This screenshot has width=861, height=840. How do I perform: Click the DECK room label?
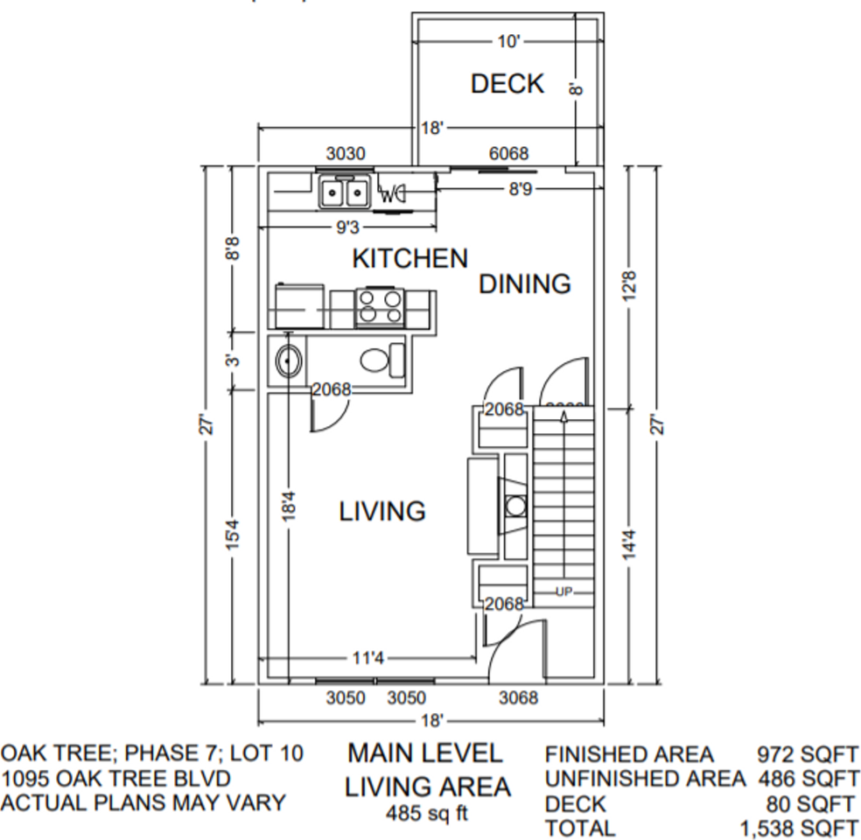tap(507, 84)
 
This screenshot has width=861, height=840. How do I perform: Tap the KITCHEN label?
tap(409, 258)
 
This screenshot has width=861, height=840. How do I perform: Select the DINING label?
tap(524, 284)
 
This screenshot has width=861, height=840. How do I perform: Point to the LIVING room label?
tap(382, 511)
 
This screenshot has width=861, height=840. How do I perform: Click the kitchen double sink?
tap(344, 192)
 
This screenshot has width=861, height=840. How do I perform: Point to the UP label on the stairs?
tap(563, 592)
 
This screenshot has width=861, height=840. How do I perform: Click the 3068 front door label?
tap(518, 698)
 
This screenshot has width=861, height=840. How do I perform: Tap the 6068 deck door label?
tap(508, 154)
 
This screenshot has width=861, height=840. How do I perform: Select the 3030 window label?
tap(346, 154)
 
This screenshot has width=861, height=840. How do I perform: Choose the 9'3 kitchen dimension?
tap(347, 228)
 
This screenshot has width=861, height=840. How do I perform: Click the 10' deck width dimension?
tap(508, 41)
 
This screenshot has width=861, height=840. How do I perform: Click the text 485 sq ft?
tap(427, 814)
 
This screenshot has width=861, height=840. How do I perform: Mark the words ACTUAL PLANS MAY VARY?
tap(143, 802)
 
